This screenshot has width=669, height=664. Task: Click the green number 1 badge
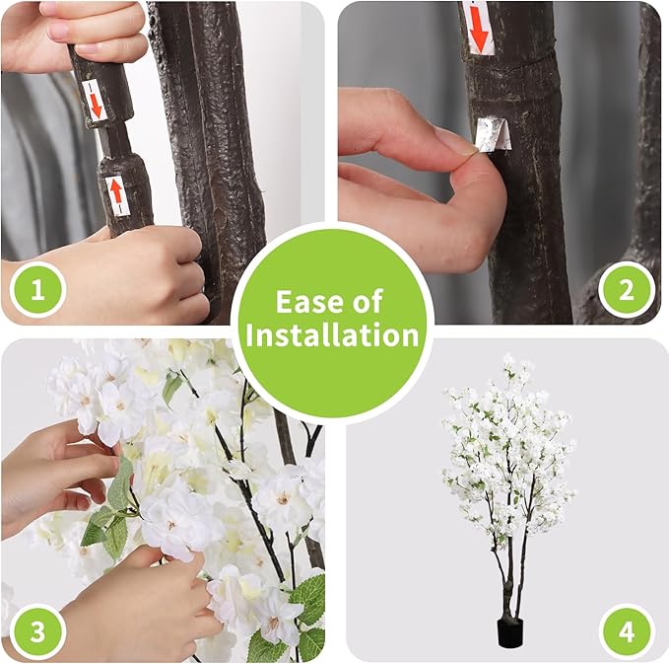(35, 291)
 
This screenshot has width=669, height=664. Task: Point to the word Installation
(333, 335)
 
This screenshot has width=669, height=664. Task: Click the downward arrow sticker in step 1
(96, 99)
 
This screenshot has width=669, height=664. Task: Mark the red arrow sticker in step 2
(478, 27)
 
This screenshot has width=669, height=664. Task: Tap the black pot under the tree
(509, 631)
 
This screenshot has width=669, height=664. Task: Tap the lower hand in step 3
(138, 602)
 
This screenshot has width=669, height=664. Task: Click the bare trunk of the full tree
(509, 582)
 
